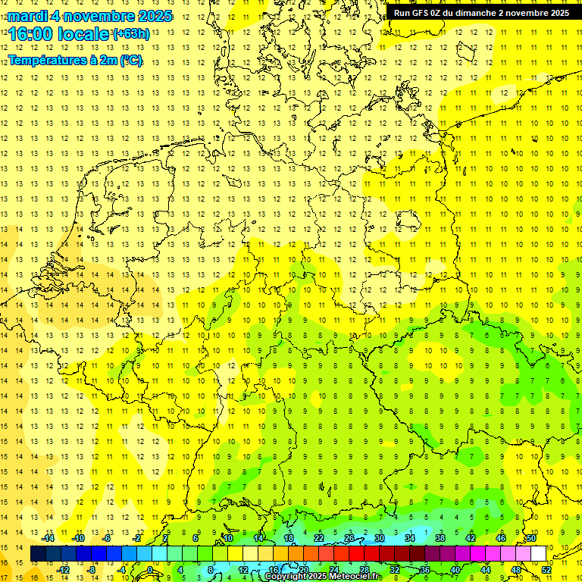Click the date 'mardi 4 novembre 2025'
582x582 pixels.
click(x=90, y=16)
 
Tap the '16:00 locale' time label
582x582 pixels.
click(x=59, y=34)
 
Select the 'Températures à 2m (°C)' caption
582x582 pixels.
click(x=75, y=60)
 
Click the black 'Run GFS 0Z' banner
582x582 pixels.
click(x=481, y=13)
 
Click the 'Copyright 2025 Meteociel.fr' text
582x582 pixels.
click(x=322, y=577)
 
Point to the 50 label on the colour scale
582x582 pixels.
click(x=531, y=538)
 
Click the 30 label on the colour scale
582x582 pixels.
click(x=380, y=538)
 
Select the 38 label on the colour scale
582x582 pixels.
click(x=440, y=538)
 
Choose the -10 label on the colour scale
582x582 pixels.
click(x=78, y=538)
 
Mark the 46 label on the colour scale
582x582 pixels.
click(x=501, y=538)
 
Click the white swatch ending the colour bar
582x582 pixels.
click(x=538, y=554)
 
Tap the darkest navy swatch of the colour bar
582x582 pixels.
click(x=39, y=554)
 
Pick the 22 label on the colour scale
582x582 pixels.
click(x=319, y=538)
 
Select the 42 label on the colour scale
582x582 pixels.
click(x=471, y=538)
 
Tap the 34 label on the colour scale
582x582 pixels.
click(x=410, y=538)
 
